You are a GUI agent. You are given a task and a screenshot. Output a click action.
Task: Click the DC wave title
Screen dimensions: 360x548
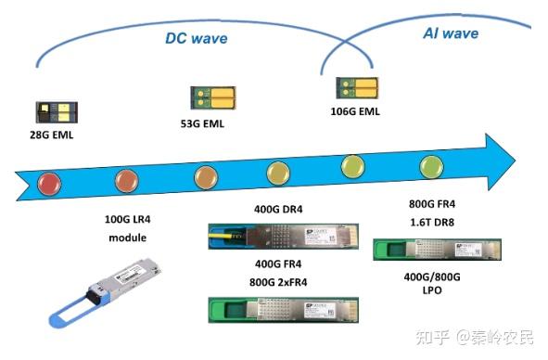point(196,38)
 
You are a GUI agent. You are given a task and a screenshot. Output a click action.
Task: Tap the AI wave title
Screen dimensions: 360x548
point(451,33)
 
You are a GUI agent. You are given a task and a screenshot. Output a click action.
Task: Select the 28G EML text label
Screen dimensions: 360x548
point(52,136)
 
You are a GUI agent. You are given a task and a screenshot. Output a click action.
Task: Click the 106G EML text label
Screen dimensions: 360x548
point(356,112)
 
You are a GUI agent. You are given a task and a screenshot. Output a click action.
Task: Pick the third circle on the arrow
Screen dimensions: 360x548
point(206,175)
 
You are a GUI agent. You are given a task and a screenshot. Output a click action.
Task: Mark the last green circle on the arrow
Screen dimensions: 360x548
point(431,167)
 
